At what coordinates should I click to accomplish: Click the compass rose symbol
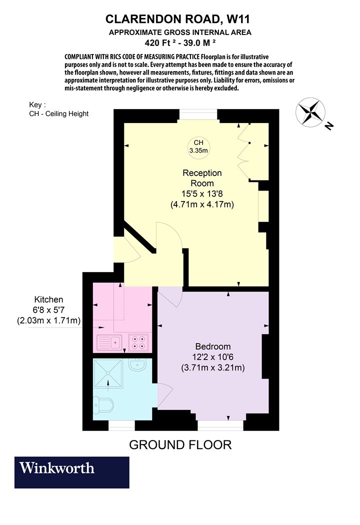point(310,112)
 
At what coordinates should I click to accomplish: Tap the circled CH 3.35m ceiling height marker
point(198,146)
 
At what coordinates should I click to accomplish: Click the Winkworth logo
point(71,472)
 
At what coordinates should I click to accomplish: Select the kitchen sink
point(109,342)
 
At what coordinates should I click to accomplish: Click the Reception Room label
point(202,178)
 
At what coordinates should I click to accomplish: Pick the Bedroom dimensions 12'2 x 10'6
point(213,357)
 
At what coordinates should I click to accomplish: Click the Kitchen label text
point(49,299)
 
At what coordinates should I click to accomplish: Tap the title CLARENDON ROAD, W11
point(178,19)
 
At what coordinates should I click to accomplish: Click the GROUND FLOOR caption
point(180,445)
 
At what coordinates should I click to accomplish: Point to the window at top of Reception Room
point(198,114)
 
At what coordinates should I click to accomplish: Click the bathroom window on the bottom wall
point(121,425)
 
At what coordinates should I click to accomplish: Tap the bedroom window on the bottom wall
point(220,425)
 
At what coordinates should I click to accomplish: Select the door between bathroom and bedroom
point(165,395)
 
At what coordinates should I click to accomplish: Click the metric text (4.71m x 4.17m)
point(202,204)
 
